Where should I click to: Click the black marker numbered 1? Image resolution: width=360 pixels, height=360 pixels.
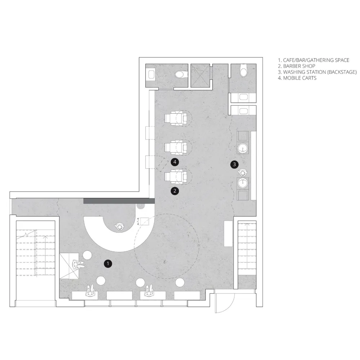108,264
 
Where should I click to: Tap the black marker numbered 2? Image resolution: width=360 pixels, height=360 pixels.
175,191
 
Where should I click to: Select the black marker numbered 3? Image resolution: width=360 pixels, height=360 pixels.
234,165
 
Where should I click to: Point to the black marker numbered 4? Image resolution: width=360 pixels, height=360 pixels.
175,162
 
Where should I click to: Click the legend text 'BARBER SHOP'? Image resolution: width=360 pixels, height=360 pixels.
299,66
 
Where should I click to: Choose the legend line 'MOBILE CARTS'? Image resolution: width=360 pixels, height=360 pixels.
300,78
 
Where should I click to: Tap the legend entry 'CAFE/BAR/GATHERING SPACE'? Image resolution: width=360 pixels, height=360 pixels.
316,60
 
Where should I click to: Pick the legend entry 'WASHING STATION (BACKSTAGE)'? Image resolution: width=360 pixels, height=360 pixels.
320,72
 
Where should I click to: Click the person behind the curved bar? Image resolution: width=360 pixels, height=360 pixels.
120,226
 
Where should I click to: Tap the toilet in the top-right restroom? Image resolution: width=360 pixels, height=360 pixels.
243,70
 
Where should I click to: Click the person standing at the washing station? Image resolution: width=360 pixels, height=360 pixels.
243,172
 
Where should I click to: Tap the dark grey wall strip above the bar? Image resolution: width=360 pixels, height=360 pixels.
119,201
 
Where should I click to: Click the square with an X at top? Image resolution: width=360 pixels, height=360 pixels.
200,76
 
